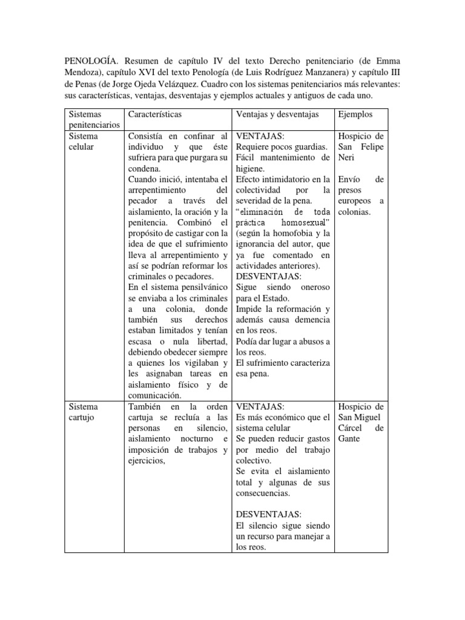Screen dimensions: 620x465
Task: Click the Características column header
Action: [154, 114]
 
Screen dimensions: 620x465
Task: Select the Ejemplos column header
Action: [355, 114]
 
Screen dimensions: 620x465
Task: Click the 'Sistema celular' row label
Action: [84, 142]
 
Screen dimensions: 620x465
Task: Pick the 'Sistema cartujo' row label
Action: [84, 412]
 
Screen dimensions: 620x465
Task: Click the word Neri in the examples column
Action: [350, 158]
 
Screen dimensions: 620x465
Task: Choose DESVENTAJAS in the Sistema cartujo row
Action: [265, 515]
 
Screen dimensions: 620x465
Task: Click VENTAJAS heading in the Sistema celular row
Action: [258, 136]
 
